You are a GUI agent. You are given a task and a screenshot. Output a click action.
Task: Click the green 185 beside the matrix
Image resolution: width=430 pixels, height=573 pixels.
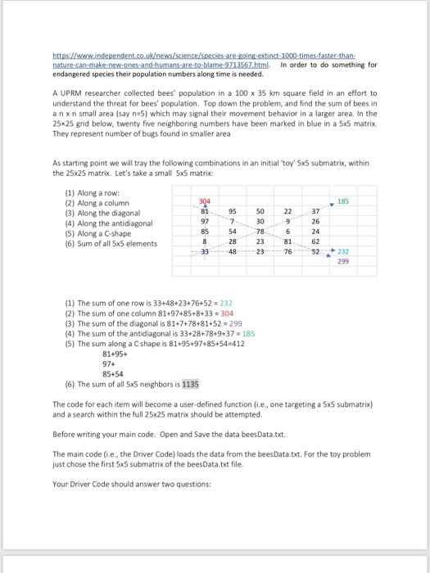(342, 201)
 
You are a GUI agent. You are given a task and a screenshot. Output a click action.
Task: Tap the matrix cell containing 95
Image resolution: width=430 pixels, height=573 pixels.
(233, 211)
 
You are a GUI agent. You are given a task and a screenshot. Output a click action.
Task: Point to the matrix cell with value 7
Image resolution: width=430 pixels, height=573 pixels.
(233, 221)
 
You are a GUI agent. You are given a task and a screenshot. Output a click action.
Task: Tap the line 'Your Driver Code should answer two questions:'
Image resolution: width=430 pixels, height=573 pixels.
(128, 483)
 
